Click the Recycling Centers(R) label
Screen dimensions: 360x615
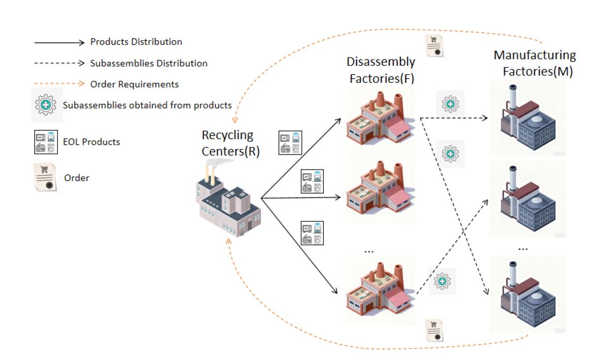228,143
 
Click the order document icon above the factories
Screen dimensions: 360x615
435,47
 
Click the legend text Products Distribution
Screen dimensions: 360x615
136,42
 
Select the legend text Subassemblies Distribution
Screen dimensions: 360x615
149,64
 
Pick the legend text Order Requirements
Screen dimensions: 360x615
134,84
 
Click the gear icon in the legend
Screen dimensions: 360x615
45,105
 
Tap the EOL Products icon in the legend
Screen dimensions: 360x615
45,142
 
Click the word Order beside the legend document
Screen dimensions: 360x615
77,178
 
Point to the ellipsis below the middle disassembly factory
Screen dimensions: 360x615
369,251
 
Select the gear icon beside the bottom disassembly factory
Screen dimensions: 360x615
442,281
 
